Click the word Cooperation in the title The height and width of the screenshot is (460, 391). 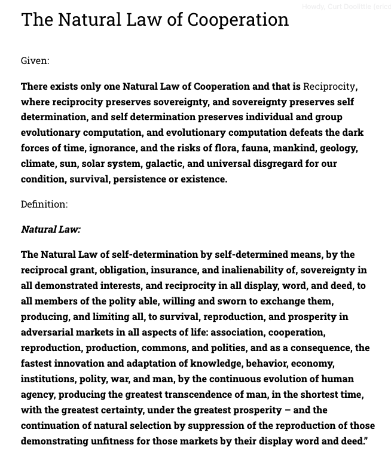click(x=238, y=20)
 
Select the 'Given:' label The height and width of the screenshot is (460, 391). click(x=35, y=60)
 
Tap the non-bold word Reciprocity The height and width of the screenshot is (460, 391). click(x=329, y=86)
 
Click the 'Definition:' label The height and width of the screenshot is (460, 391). click(x=44, y=204)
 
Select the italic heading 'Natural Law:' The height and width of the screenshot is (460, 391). click(x=51, y=229)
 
